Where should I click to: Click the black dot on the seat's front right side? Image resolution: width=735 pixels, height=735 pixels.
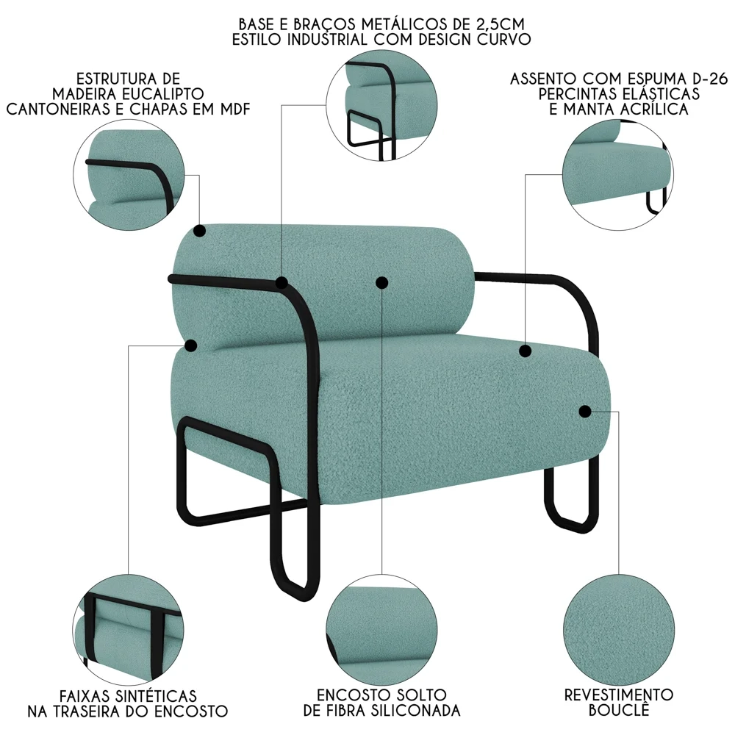click(585, 412)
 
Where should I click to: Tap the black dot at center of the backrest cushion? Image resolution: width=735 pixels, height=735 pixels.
click(381, 282)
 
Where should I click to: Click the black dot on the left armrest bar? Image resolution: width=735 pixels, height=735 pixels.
click(282, 282)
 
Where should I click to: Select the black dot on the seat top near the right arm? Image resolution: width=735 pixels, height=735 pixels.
click(525, 351)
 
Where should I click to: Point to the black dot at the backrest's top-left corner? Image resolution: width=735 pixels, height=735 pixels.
click(199, 232)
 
